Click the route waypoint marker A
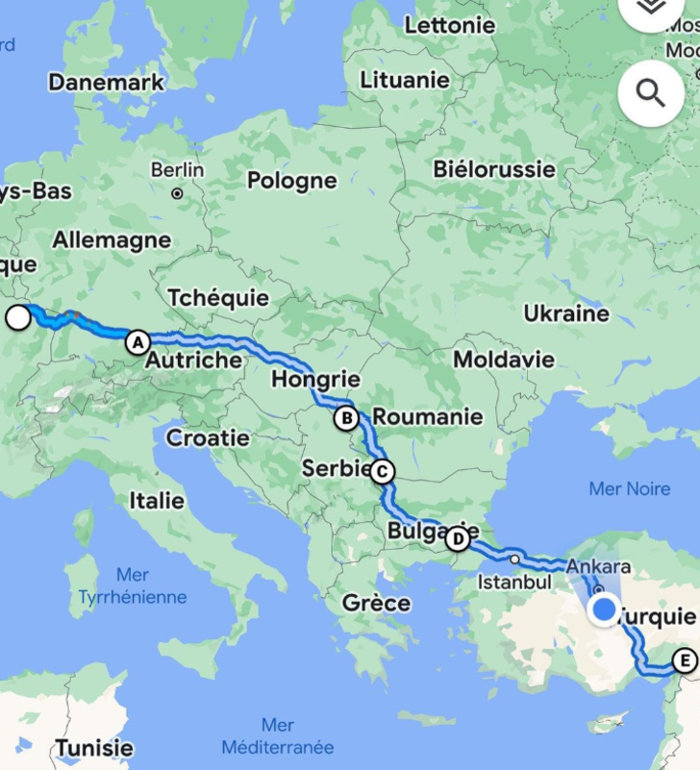[x=137, y=341]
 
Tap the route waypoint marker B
[x=346, y=418]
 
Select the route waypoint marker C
[x=382, y=471]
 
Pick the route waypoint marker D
[x=457, y=538]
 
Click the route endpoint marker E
[x=684, y=660]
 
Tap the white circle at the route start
[x=18, y=317]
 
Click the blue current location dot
[x=605, y=609]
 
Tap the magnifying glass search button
[x=651, y=93]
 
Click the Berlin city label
[x=178, y=170]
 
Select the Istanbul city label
[x=514, y=583]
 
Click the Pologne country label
[x=292, y=181]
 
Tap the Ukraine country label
[x=566, y=313]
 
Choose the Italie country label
[x=160, y=501]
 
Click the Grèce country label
[x=377, y=604]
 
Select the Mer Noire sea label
[x=630, y=489]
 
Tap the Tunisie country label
[x=94, y=748]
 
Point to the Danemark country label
[x=107, y=83]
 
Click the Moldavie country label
[x=504, y=360]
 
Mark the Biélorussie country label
[x=494, y=169]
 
